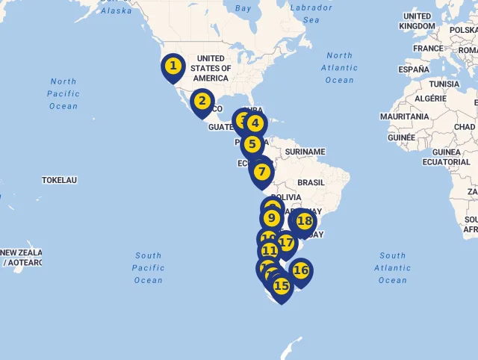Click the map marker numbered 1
coord(173,66)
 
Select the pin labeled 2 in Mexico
coord(202,101)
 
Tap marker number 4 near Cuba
coord(255,124)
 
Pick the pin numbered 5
coord(252,144)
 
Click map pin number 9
coord(272,219)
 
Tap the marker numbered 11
coord(270,251)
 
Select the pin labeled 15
coord(281,286)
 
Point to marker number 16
coord(300,270)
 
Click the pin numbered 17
coord(286,243)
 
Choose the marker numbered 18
coord(304,221)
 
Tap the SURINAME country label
coord(305,152)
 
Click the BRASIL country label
coord(311,182)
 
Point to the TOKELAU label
coord(60,180)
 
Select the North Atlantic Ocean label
coord(339,67)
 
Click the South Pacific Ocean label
coord(148,267)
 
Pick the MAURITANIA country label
coord(404,117)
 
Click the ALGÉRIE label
coord(430,99)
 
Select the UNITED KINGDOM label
coord(417,21)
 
